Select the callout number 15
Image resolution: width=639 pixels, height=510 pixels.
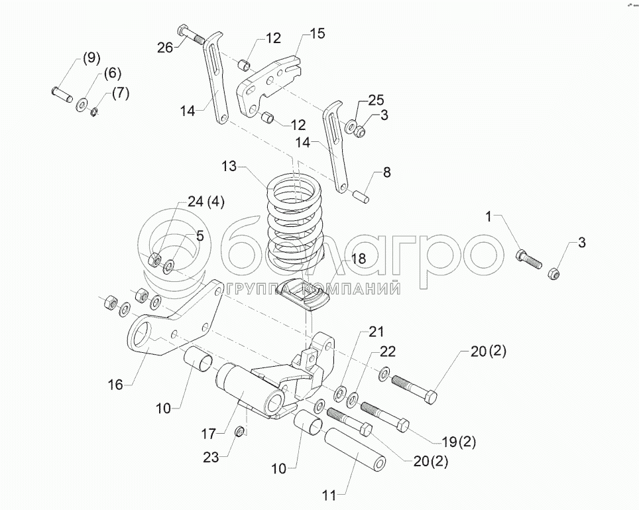[318, 34]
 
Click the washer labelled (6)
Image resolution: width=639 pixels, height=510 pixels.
[84, 103]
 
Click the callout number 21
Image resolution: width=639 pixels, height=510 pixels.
[376, 332]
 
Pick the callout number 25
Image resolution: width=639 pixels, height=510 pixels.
[376, 101]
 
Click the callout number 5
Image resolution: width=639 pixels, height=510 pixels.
[199, 236]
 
